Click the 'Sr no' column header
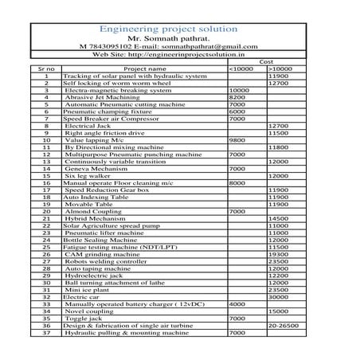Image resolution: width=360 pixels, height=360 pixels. click(47, 69)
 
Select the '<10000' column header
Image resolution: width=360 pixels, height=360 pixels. click(241, 69)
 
